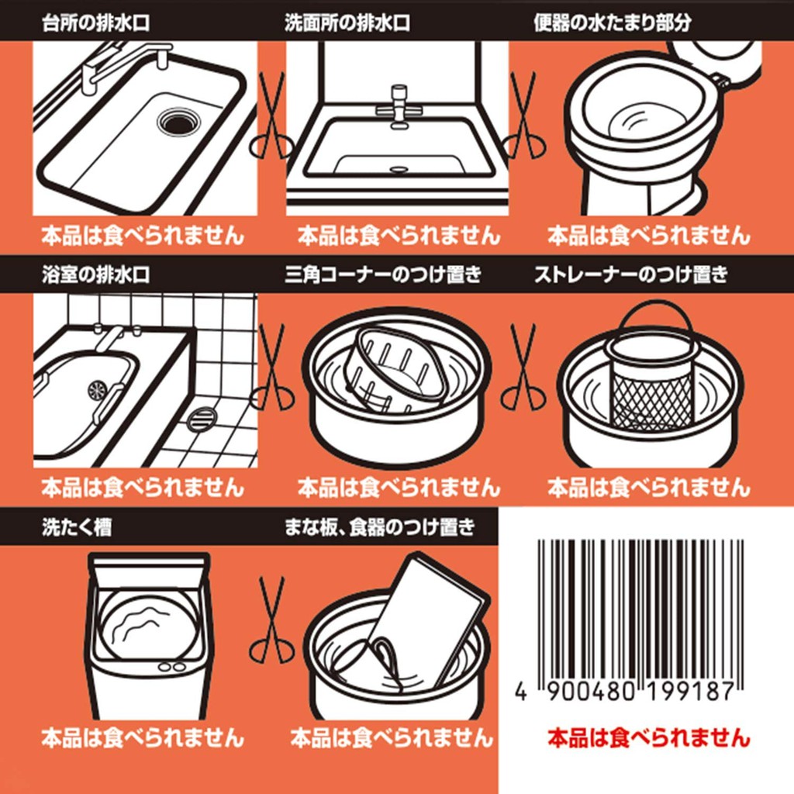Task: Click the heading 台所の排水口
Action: click(95, 23)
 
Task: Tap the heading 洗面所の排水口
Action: click(347, 23)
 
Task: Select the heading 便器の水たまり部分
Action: click(613, 23)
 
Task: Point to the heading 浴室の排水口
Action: click(95, 274)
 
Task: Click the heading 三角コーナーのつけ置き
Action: click(383, 274)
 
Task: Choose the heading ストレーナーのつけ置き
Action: click(631, 274)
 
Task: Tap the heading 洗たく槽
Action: click(77, 527)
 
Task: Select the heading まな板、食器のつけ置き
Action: click(380, 527)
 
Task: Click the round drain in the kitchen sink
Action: click(178, 122)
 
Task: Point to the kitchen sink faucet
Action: click(126, 66)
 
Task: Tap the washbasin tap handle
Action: click(399, 107)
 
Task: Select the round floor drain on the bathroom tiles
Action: click(202, 419)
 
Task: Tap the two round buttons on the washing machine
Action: click(172, 667)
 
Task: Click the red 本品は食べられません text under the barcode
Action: click(649, 738)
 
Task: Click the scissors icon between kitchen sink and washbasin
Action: click(272, 116)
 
